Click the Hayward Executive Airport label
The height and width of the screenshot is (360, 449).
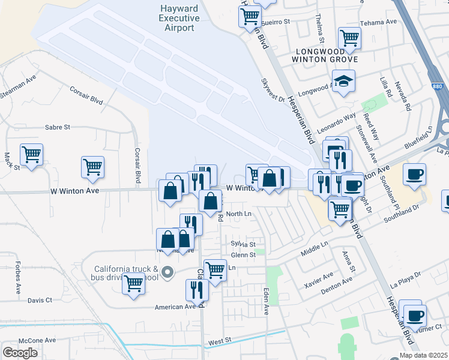[x=179, y=18]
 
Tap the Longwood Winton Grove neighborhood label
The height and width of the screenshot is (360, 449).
[x=324, y=55]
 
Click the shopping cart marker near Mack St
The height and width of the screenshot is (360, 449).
[x=31, y=154]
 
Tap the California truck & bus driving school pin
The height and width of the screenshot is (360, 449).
[x=169, y=273]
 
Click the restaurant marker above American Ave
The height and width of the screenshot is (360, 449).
[x=197, y=290]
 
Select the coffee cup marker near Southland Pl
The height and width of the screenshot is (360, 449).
[x=414, y=175]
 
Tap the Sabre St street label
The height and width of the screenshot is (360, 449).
[x=58, y=127]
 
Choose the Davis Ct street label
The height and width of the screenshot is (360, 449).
[x=40, y=300]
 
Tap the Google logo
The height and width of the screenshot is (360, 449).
[x=20, y=353]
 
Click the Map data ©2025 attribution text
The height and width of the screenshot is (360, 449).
[x=423, y=355]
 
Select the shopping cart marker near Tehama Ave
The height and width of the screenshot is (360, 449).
[x=349, y=38]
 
